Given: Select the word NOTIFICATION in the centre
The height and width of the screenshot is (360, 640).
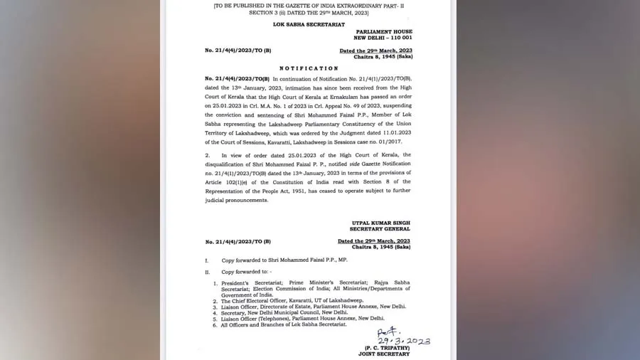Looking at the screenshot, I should (x=308, y=68).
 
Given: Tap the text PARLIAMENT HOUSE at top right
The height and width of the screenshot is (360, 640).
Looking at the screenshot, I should (x=383, y=31).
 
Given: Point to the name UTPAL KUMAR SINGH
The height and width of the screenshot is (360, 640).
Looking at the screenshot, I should (x=381, y=223).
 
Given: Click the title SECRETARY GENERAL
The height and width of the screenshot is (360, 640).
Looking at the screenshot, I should (x=380, y=229).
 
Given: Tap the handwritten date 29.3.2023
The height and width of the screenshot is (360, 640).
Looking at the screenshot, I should (x=403, y=342).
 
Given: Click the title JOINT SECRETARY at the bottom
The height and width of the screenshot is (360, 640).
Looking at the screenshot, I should (x=385, y=354).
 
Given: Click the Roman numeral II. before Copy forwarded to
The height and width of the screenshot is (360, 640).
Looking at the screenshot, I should (x=208, y=272).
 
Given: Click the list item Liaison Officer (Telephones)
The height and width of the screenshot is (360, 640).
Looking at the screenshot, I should (x=293, y=318).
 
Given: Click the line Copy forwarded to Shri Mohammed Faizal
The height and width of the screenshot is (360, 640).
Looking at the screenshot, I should (x=284, y=261).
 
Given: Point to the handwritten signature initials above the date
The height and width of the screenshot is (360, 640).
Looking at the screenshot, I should (x=389, y=332).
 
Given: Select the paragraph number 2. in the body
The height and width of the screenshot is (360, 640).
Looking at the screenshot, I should (x=207, y=154).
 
